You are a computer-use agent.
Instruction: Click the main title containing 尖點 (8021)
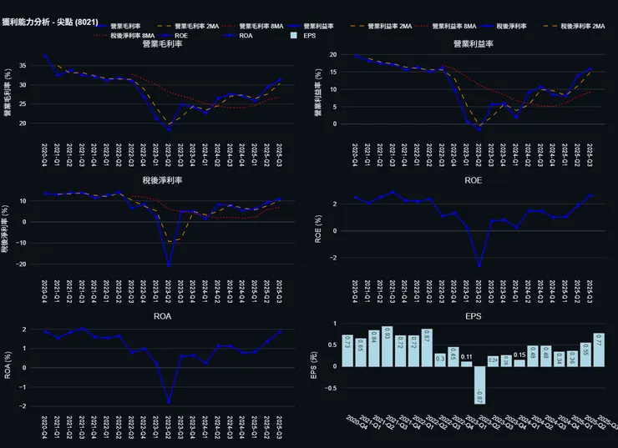pos(48,9)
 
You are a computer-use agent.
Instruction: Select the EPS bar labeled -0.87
pos(479,385)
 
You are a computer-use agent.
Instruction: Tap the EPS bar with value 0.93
pos(387,346)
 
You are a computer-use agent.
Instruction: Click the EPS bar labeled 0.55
pos(585,355)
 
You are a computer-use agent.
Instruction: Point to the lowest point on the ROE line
pos(479,265)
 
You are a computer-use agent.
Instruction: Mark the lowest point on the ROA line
pos(169,402)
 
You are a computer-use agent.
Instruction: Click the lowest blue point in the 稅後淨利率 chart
pos(169,265)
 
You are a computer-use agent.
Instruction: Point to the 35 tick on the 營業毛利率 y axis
pos(33,65)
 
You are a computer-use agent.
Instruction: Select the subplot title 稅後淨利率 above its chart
pos(163,180)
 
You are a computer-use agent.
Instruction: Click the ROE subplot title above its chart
pos(473,180)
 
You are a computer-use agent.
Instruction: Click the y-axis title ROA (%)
pos(8,366)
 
